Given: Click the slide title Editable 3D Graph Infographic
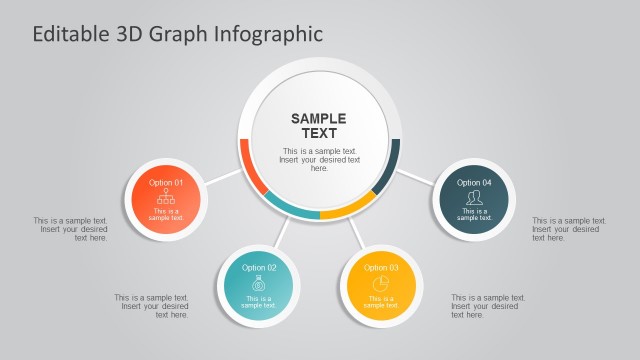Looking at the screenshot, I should (x=178, y=34).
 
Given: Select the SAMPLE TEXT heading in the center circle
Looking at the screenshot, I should (x=319, y=126).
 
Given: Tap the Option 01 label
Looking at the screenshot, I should (x=166, y=183).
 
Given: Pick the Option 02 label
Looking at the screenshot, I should (x=258, y=268).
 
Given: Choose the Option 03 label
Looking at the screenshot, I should (x=381, y=268).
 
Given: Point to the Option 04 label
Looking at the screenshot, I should (x=474, y=183).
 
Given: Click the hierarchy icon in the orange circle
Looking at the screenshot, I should (x=166, y=197).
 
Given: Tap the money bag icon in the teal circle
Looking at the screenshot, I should (x=258, y=283).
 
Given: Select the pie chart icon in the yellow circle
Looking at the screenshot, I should (x=381, y=283).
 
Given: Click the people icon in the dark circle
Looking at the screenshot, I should (x=474, y=198).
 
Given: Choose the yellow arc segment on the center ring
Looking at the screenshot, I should (x=347, y=210).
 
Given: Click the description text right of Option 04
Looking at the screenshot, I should (x=568, y=229).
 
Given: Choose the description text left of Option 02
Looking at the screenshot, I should (x=151, y=306).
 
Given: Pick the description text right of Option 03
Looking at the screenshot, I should (x=487, y=306).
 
